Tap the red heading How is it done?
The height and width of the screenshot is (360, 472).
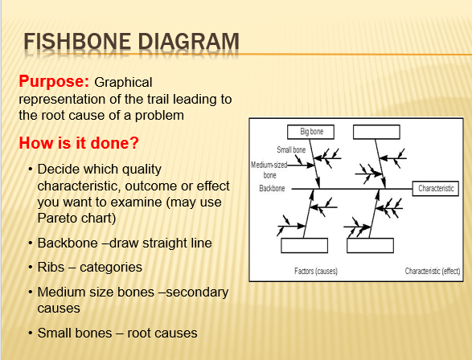tap(79, 144)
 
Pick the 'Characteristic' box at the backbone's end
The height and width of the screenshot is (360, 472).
tap(436, 189)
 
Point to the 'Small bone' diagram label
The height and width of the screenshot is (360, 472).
tap(290, 150)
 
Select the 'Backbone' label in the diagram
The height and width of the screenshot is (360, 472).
tap(274, 189)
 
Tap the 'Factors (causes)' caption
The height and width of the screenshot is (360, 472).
tap(315, 272)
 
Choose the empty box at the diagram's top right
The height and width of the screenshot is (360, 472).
tap(376, 131)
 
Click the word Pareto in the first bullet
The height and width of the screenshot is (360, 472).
tap(58, 217)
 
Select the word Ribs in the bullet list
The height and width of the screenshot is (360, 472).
tap(52, 267)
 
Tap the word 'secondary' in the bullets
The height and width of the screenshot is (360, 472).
tap(198, 292)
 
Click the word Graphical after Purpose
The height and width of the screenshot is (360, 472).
tap(122, 83)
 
